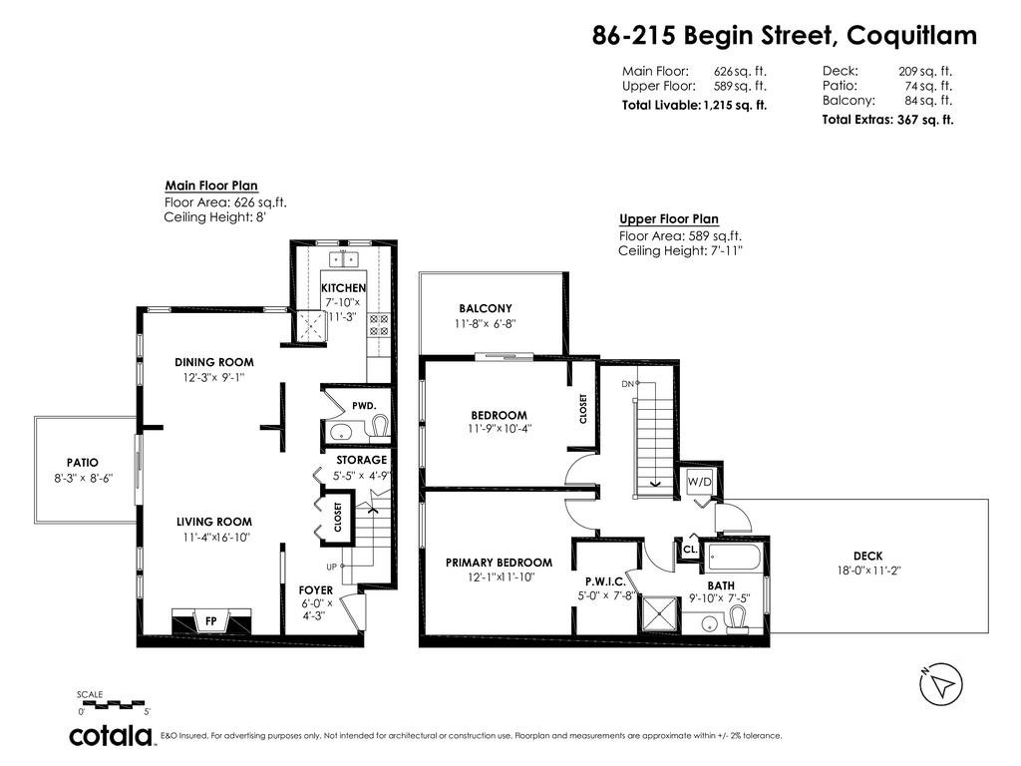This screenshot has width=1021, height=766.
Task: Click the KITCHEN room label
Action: [343, 288]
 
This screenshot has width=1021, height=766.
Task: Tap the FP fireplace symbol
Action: [211, 620]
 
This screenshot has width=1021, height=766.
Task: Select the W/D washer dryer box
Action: [700, 483]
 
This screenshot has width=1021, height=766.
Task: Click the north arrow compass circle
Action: [941, 684]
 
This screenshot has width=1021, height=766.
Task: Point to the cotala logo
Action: [111, 735]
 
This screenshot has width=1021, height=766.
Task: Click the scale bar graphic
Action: [112, 704]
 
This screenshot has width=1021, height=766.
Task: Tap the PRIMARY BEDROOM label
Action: [499, 563]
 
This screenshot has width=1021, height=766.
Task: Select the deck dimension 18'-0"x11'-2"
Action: [868, 571]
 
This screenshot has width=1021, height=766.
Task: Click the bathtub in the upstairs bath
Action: [734, 558]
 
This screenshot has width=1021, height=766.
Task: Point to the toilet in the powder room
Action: [380, 427]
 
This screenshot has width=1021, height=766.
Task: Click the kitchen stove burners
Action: [379, 325]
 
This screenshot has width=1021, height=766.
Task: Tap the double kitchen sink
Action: [343, 258]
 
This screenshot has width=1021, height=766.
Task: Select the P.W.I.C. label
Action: [605, 581]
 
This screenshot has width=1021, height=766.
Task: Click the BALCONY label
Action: [486, 309]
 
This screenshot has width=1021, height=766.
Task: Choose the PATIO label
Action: [83, 463]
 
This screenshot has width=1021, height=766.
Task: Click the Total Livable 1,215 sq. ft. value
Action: [735, 106]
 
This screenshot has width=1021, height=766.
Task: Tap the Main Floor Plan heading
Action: [211, 186]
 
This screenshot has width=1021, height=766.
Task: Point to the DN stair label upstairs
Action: [628, 384]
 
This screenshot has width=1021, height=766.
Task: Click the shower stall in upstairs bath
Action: [660, 613]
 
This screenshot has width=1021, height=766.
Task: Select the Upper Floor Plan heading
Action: [669, 219]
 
